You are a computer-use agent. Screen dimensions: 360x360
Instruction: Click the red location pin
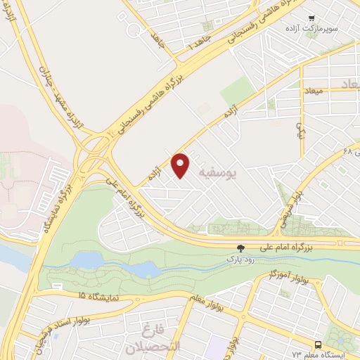click(181, 165)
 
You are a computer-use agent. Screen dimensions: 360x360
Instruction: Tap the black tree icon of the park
click(241, 247)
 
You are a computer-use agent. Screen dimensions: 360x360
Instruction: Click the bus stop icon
click(319, 345)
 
